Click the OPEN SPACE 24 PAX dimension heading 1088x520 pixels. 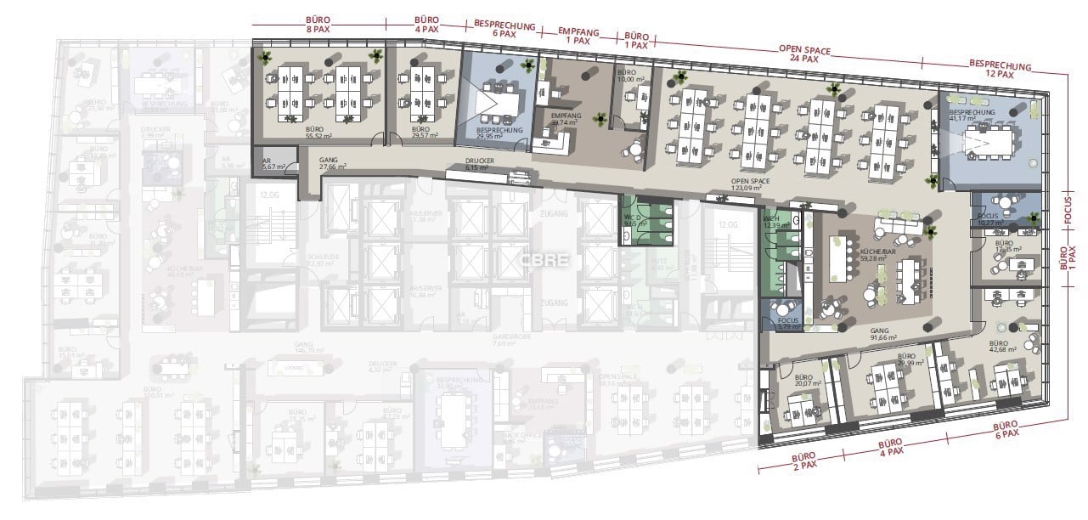point(799,54)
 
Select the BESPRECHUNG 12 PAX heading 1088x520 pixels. point(1000,70)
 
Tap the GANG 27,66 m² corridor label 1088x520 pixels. point(333,163)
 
